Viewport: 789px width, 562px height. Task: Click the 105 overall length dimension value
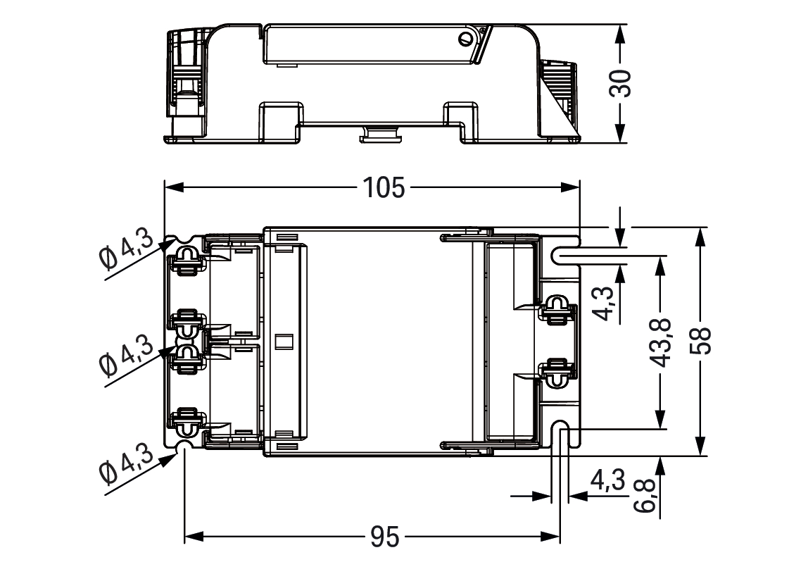click(x=384, y=188)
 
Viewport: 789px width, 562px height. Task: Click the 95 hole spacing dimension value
click(x=384, y=537)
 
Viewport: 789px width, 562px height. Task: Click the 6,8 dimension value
click(x=645, y=496)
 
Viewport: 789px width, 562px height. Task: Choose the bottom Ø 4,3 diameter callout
click(x=126, y=464)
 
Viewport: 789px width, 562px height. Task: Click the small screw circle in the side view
click(x=466, y=39)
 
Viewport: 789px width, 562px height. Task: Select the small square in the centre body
click(x=285, y=342)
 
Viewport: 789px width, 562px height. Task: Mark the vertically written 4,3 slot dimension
click(x=602, y=304)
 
